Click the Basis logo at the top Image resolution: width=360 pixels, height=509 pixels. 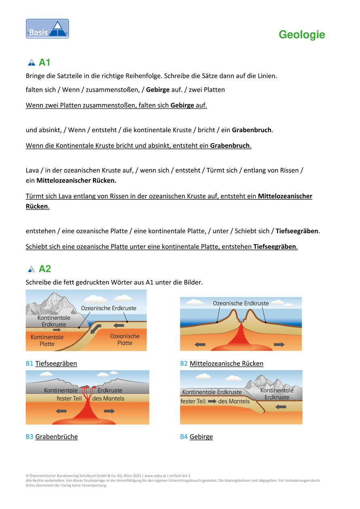click(x=47, y=29)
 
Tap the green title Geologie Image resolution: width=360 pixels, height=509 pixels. click(x=302, y=35)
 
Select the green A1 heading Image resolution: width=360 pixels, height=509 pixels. click(x=44, y=63)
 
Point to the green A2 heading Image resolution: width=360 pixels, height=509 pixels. click(x=44, y=269)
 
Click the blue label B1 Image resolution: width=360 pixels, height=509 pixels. click(x=30, y=363)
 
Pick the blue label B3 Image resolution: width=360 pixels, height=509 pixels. click(x=30, y=437)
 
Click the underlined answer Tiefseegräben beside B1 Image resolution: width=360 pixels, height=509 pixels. click(x=56, y=363)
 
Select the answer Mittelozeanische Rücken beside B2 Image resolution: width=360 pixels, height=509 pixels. click(x=227, y=363)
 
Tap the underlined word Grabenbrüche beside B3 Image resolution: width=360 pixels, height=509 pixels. click(x=57, y=437)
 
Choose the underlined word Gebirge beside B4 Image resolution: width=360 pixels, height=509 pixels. click(x=201, y=437)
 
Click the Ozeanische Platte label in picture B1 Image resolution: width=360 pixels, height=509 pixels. click(x=125, y=340)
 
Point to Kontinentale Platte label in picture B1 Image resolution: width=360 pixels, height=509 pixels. click(x=47, y=340)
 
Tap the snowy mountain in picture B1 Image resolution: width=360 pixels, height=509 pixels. click(x=53, y=303)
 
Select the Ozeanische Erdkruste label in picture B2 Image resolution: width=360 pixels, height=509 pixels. click(x=241, y=303)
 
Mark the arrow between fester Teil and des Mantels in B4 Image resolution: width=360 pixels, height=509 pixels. click(x=212, y=401)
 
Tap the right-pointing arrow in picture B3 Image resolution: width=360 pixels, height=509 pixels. click(x=109, y=411)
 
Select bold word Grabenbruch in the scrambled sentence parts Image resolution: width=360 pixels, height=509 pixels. click(x=252, y=130)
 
